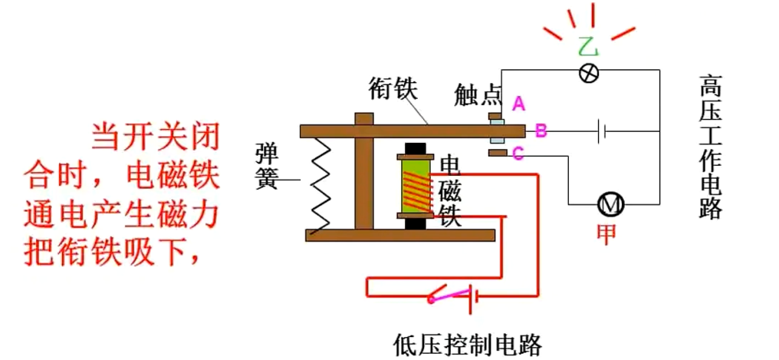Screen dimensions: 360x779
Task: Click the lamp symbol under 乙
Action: pyautogui.click(x=588, y=71)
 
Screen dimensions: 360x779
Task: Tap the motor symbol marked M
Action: pyautogui.click(x=611, y=204)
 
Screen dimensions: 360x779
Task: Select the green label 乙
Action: pyautogui.click(x=588, y=47)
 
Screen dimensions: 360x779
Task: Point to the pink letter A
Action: pyautogui.click(x=518, y=103)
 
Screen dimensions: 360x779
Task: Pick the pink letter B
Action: pyautogui.click(x=541, y=131)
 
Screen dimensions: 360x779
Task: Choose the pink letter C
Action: pyautogui.click(x=518, y=154)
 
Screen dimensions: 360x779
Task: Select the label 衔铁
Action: pyautogui.click(x=393, y=88)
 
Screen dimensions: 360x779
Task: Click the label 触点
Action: pyautogui.click(x=477, y=94)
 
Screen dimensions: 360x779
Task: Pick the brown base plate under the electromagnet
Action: pyautogui.click(x=399, y=234)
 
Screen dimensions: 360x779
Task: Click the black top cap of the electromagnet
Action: pyautogui.click(x=415, y=149)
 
